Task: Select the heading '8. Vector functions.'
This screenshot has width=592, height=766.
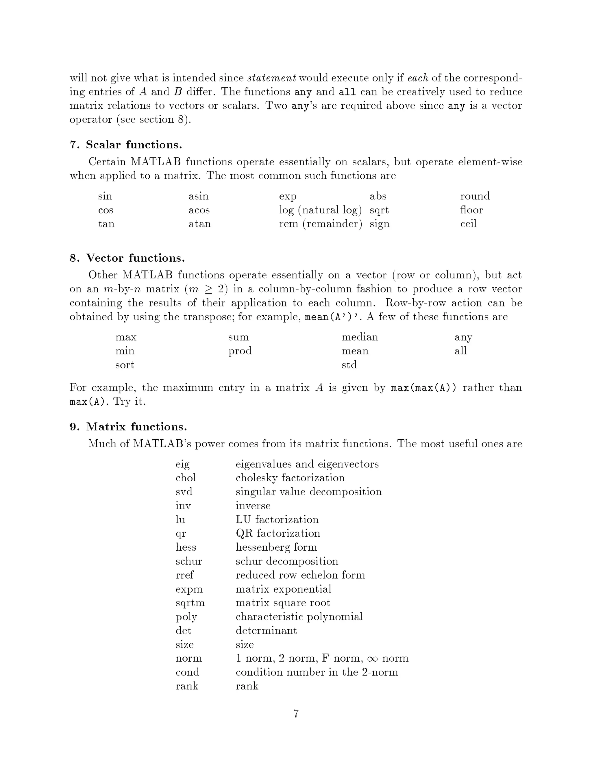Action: (x=127, y=258)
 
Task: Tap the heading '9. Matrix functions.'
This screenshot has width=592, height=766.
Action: (x=128, y=427)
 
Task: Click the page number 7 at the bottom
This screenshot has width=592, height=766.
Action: (x=296, y=714)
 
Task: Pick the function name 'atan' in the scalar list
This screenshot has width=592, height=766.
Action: (x=199, y=224)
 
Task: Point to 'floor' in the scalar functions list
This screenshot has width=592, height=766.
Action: (x=471, y=210)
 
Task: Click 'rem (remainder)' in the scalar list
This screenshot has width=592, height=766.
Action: (x=320, y=224)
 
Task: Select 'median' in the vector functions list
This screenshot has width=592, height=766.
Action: (x=360, y=337)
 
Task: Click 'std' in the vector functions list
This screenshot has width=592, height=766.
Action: (x=349, y=365)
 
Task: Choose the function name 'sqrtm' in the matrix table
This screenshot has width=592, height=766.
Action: (x=190, y=603)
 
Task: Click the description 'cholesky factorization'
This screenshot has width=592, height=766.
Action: (x=290, y=478)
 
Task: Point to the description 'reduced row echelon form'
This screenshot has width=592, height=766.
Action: (x=300, y=575)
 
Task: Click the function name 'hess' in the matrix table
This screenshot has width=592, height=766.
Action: (x=186, y=547)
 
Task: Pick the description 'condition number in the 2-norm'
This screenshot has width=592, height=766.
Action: (x=317, y=672)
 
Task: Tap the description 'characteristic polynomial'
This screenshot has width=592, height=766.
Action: (x=299, y=617)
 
